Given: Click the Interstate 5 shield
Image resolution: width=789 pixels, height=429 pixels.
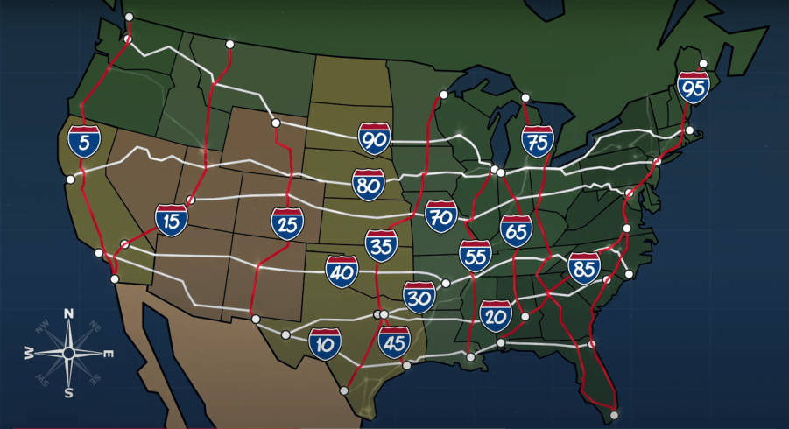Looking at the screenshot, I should point(84,140).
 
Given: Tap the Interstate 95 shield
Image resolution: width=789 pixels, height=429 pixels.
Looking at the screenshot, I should point(693,88).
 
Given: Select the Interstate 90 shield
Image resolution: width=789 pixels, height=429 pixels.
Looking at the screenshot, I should point(374,138).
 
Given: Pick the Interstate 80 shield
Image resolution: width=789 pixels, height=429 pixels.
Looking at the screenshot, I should point(369,185).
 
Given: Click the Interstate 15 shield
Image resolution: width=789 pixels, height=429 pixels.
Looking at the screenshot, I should point(172,220).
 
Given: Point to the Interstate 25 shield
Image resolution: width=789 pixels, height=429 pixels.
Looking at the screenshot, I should point(287,223).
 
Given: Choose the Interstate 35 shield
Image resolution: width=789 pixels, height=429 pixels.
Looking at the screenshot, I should point(381,246).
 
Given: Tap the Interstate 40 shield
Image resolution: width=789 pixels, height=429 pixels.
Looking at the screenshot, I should point(342,271).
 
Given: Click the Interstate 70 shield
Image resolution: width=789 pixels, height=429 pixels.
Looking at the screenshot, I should point(440,215).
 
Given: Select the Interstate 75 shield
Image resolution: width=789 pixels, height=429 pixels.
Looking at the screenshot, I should point(537,141).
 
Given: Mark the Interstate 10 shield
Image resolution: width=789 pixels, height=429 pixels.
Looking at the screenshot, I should point(324,344).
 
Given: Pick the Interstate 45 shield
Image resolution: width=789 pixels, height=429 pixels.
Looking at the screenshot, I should point(395,342).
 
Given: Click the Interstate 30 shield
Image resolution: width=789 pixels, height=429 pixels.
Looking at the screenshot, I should point(419,298).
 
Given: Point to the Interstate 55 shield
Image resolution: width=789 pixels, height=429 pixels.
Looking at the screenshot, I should point(475,255).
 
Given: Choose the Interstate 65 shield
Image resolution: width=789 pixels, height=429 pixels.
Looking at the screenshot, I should point(516,231).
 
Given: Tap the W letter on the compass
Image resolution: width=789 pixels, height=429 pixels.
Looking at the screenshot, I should point(29,353).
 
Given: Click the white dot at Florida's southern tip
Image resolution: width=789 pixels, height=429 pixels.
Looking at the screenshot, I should point(615,415).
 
